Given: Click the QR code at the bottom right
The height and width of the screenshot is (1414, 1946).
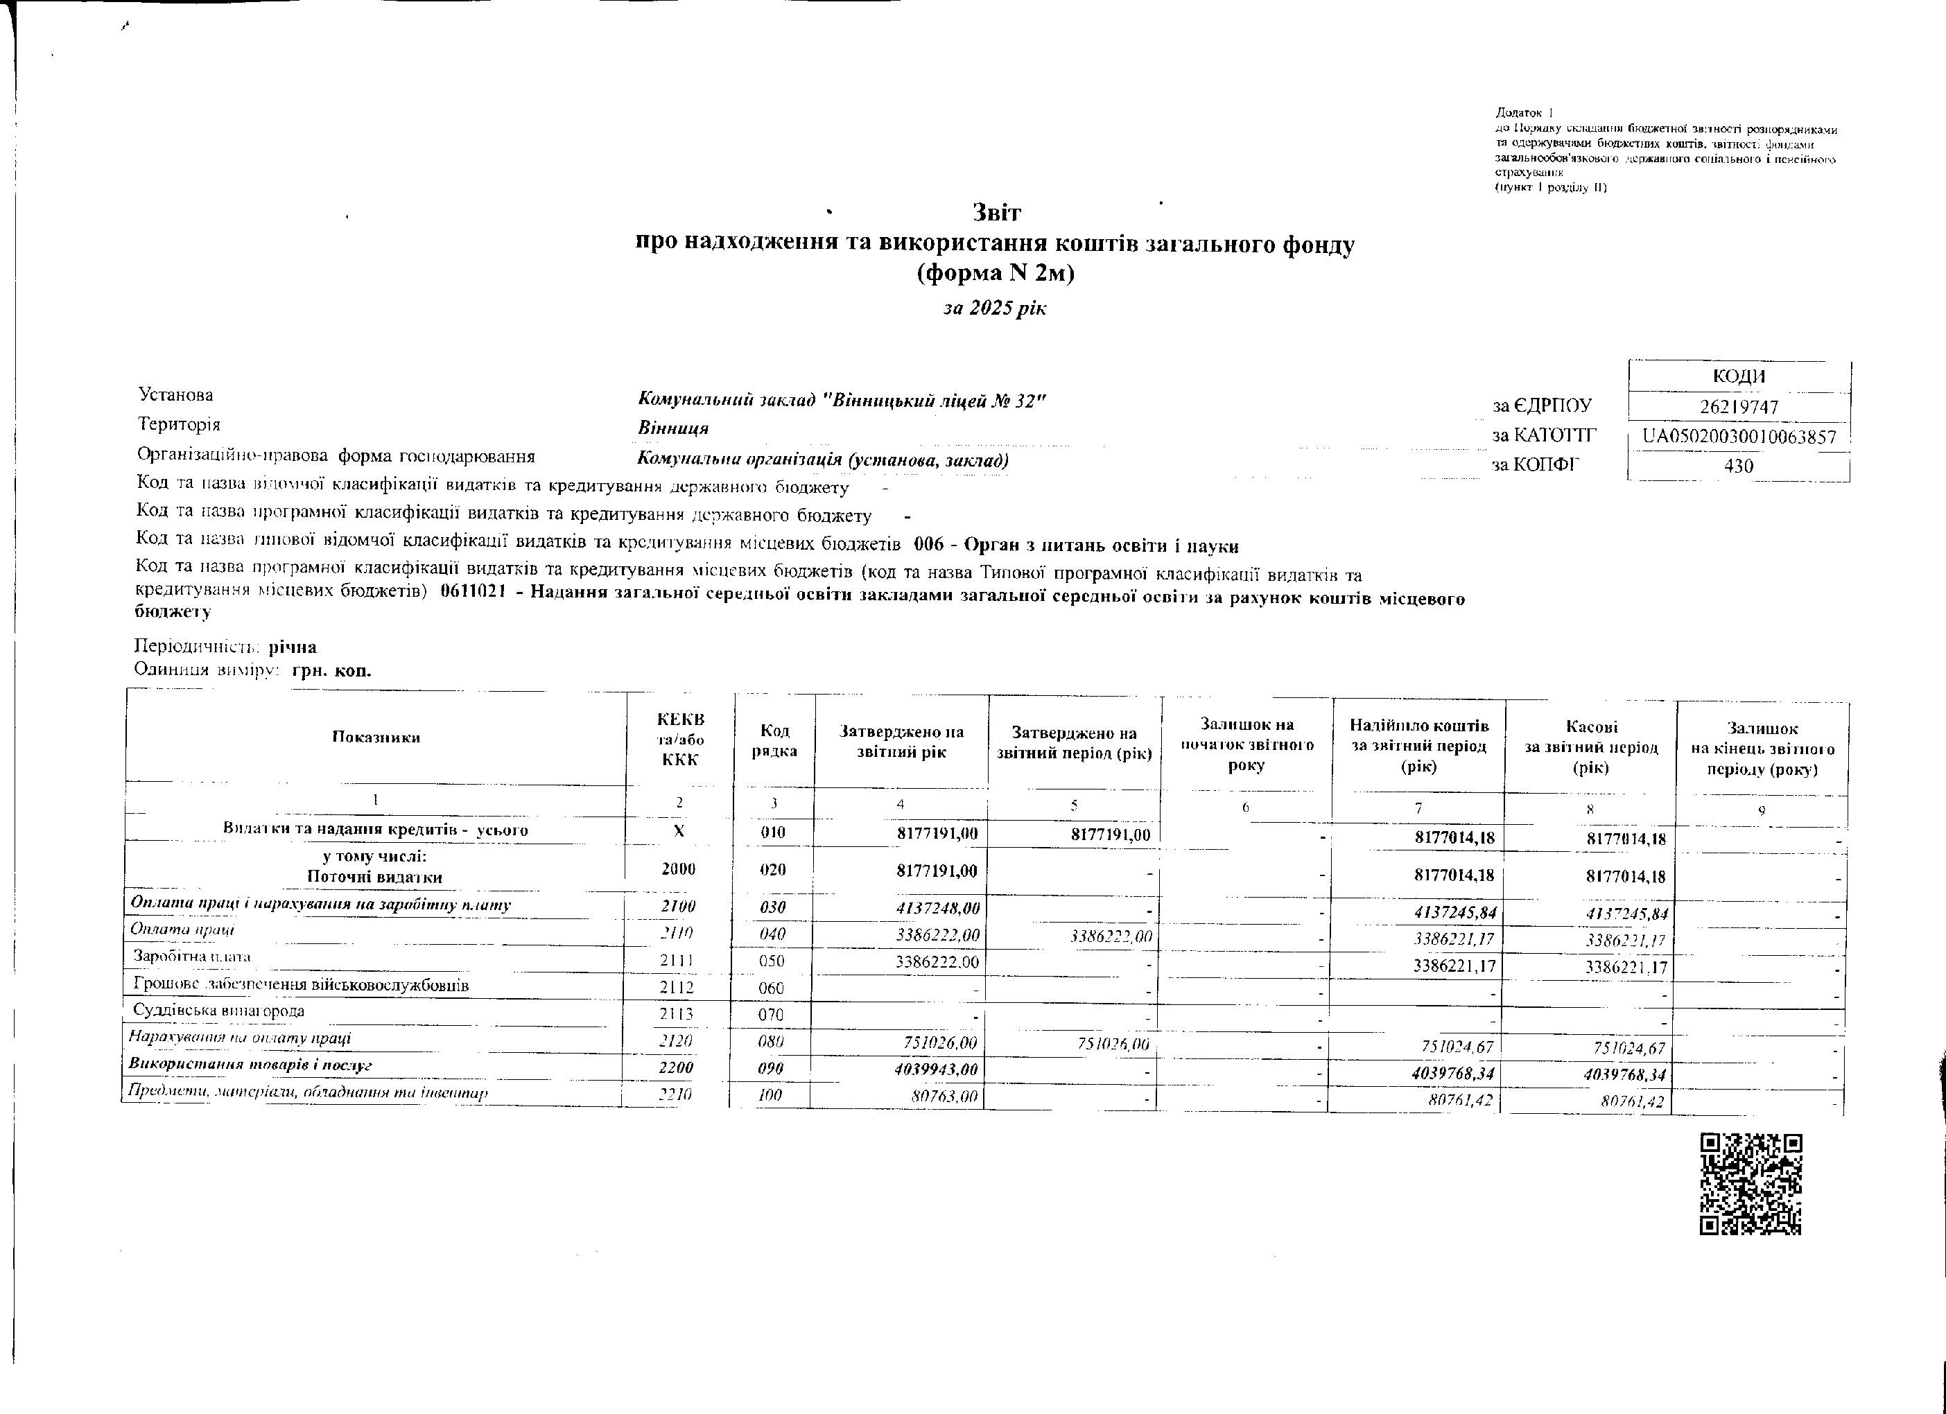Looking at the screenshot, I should pyautogui.click(x=1750, y=1184).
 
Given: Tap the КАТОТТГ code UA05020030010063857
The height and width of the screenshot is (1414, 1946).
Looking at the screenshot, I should pyautogui.click(x=1739, y=437).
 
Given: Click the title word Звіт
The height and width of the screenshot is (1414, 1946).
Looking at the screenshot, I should pyautogui.click(x=996, y=212).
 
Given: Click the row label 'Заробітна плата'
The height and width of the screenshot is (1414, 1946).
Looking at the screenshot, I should pyautogui.click(x=192, y=957).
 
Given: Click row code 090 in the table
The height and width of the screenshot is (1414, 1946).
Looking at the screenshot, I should pyautogui.click(x=772, y=1068).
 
